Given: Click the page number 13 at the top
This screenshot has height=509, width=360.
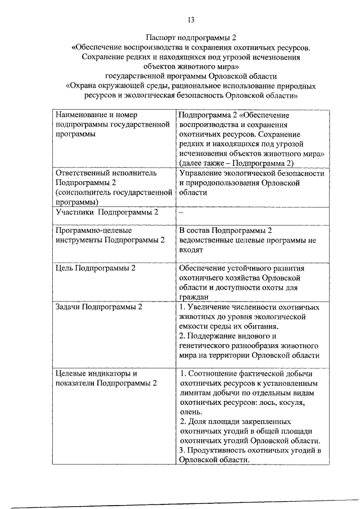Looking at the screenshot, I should pyautogui.click(x=191, y=20).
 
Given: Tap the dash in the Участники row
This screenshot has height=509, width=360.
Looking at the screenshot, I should pyautogui.click(x=181, y=213).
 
